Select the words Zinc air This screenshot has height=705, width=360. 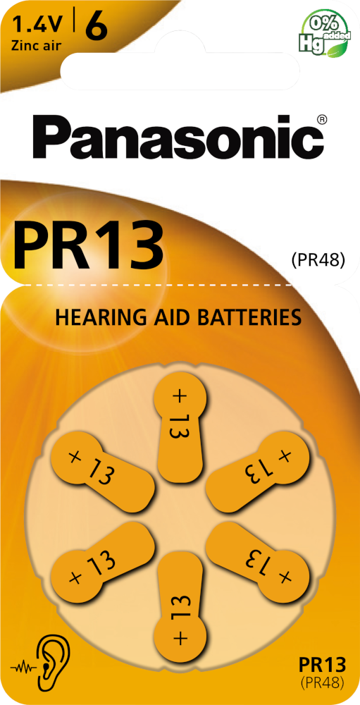37,45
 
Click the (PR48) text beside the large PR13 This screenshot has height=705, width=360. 317,259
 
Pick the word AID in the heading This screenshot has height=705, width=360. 170,317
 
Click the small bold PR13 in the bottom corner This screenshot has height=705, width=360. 322,663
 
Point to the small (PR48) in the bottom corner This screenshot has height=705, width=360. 322,682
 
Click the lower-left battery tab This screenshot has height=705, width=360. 102,560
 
